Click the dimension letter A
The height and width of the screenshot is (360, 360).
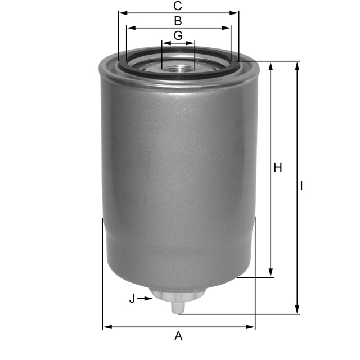[x=178, y=336]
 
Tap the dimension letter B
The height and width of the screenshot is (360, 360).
[x=178, y=21]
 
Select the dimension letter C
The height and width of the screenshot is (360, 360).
[x=178, y=6]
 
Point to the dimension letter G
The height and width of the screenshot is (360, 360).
[x=178, y=35]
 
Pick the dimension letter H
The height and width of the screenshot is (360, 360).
[x=277, y=168]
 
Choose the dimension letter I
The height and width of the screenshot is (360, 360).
[x=302, y=186]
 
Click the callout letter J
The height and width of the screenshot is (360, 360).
[x=132, y=299]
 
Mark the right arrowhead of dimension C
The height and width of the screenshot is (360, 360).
[x=235, y=12]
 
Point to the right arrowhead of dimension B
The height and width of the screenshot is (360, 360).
[x=227, y=28]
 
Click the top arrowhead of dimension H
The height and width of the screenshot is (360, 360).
[x=272, y=66]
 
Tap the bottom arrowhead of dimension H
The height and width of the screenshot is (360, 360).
[x=272, y=272]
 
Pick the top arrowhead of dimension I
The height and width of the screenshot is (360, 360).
[x=297, y=66]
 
